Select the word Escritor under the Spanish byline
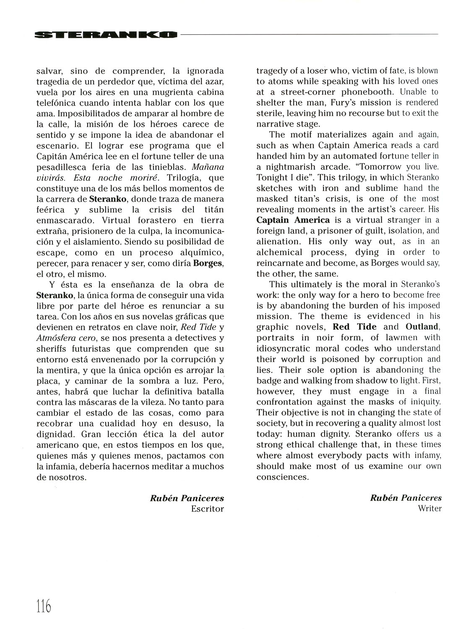tap(207, 509)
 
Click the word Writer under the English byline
tap(430, 509)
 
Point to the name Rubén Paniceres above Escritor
tap(187, 498)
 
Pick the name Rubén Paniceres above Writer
tap(406, 498)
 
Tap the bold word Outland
tap(423, 327)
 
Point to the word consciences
tap(282, 477)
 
